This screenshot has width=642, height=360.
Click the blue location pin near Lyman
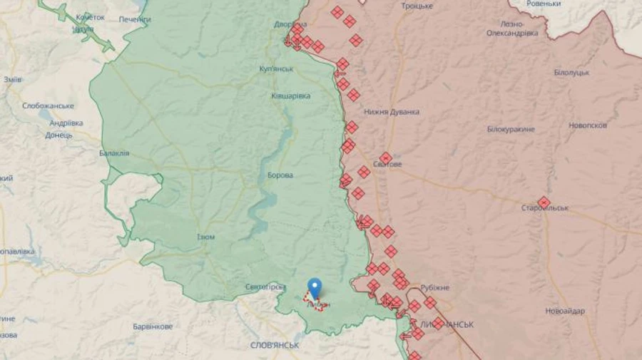[x=314, y=287]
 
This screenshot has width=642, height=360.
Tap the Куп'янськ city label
[x=277, y=69]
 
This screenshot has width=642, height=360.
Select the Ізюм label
[x=205, y=237]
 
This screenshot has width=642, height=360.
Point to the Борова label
[x=280, y=175]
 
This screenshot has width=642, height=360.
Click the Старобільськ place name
[x=544, y=208]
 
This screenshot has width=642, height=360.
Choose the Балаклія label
[x=114, y=153]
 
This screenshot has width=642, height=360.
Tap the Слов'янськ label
[x=275, y=345]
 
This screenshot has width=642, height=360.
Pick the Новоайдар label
[x=565, y=311]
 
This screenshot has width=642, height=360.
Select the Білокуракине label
[x=511, y=129]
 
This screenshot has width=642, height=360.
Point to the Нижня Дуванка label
[x=391, y=112]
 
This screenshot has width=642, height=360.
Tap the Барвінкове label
[x=153, y=326]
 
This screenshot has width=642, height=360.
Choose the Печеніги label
[x=135, y=19]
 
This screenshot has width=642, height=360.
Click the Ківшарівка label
[x=291, y=96]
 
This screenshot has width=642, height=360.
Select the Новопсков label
[x=588, y=125]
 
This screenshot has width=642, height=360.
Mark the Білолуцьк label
[x=571, y=73]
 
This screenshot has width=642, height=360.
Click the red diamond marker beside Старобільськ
[x=544, y=202]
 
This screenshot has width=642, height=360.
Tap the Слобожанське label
[x=48, y=106]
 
